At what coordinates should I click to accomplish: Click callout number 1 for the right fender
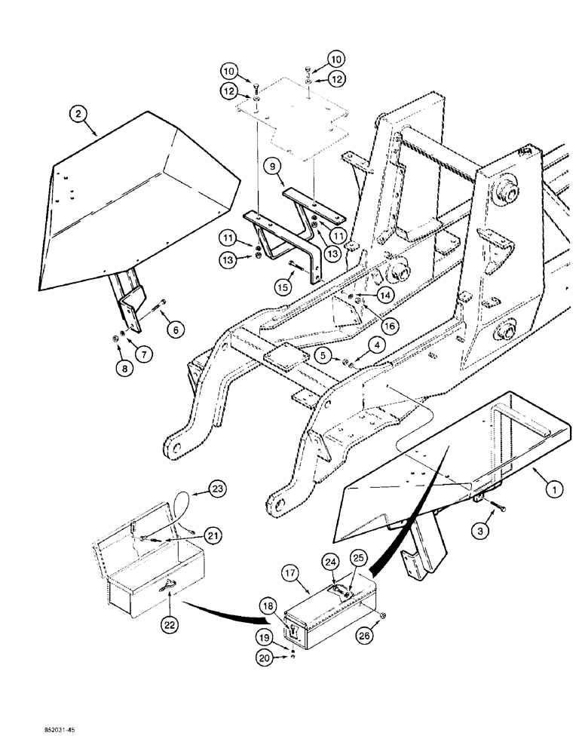click(555, 489)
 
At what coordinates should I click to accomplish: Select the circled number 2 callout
click(78, 115)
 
